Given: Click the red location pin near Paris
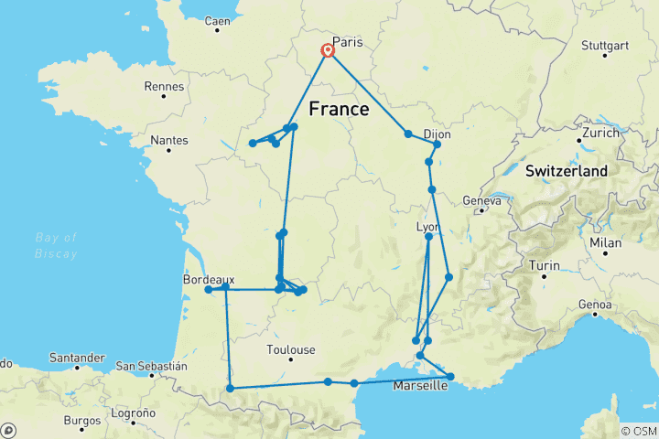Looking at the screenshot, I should [x=327, y=50].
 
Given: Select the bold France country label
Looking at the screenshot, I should [x=339, y=110].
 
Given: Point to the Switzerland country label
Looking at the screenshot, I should [x=567, y=171].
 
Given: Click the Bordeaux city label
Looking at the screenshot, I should [x=209, y=280].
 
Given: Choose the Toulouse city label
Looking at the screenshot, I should [x=291, y=349].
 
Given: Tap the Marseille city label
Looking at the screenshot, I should [x=421, y=386].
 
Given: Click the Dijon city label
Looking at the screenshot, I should [x=441, y=134].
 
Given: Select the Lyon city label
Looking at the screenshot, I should [x=428, y=227].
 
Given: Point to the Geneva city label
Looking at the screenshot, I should [x=481, y=200].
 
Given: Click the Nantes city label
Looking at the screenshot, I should [x=169, y=141].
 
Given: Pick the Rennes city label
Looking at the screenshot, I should [x=166, y=87].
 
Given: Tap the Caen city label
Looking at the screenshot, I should [x=218, y=21].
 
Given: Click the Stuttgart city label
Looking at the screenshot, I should [x=604, y=46].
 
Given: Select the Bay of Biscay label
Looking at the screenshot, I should [x=57, y=245].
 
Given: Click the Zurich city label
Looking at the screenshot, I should [x=600, y=133].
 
